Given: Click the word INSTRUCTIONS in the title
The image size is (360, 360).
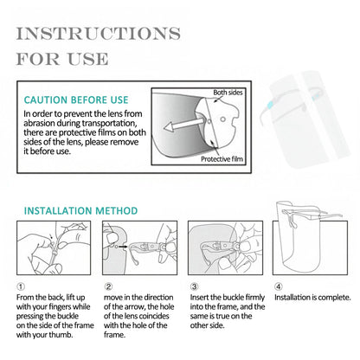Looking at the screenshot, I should (x=97, y=34).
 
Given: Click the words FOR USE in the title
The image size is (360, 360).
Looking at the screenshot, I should (x=61, y=60).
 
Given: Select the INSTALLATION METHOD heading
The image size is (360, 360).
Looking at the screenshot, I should (x=80, y=210).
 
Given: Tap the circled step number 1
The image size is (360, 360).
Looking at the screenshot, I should (x=19, y=287).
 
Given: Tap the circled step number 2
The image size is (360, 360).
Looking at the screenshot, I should (x=108, y=287).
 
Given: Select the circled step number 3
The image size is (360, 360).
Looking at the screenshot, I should (x=194, y=287).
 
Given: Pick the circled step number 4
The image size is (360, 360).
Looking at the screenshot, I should (x=279, y=287).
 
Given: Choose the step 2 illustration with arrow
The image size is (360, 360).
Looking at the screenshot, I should (x=138, y=250).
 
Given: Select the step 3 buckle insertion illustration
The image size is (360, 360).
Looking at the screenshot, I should (x=224, y=250).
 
